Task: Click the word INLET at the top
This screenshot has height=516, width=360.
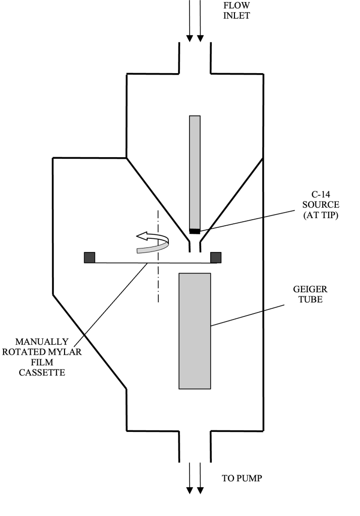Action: [x=236, y=16]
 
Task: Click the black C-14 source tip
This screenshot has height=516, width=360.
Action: [x=195, y=231]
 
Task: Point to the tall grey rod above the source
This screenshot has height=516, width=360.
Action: [x=195, y=171]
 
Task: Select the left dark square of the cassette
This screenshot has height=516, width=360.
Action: [x=90, y=257]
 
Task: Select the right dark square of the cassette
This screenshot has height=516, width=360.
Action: [x=216, y=257]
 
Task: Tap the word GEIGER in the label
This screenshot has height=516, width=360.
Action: [x=310, y=289]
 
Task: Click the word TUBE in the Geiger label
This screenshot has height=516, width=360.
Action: [x=310, y=299]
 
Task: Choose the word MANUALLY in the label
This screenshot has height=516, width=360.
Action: [x=41, y=342]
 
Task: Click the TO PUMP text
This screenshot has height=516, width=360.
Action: [x=242, y=478]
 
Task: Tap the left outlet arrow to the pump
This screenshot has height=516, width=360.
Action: [x=190, y=479]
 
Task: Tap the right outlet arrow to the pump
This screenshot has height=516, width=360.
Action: [x=200, y=479]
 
